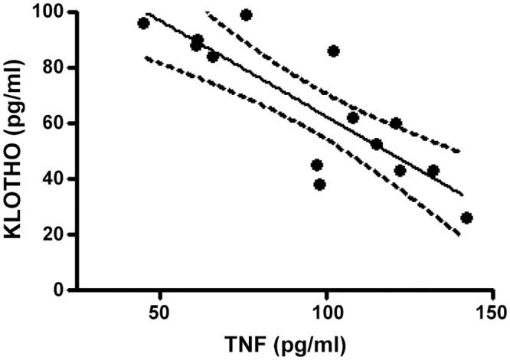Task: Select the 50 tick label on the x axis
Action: coord(159,314)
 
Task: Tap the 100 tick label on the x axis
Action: coord(327,314)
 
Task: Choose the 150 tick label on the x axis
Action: coord(494,314)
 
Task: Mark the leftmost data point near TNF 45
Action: coord(143,23)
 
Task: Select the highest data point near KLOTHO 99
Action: coord(246,15)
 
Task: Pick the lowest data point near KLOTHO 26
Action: coord(467,218)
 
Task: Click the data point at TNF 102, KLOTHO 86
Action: coord(333,51)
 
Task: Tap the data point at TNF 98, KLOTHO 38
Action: coord(320,184)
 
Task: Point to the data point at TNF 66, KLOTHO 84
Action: coord(213,56)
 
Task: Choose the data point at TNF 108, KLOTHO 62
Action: coord(353,117)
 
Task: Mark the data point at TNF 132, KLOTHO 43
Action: coord(433,170)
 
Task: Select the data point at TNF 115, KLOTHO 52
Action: coord(377,144)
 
